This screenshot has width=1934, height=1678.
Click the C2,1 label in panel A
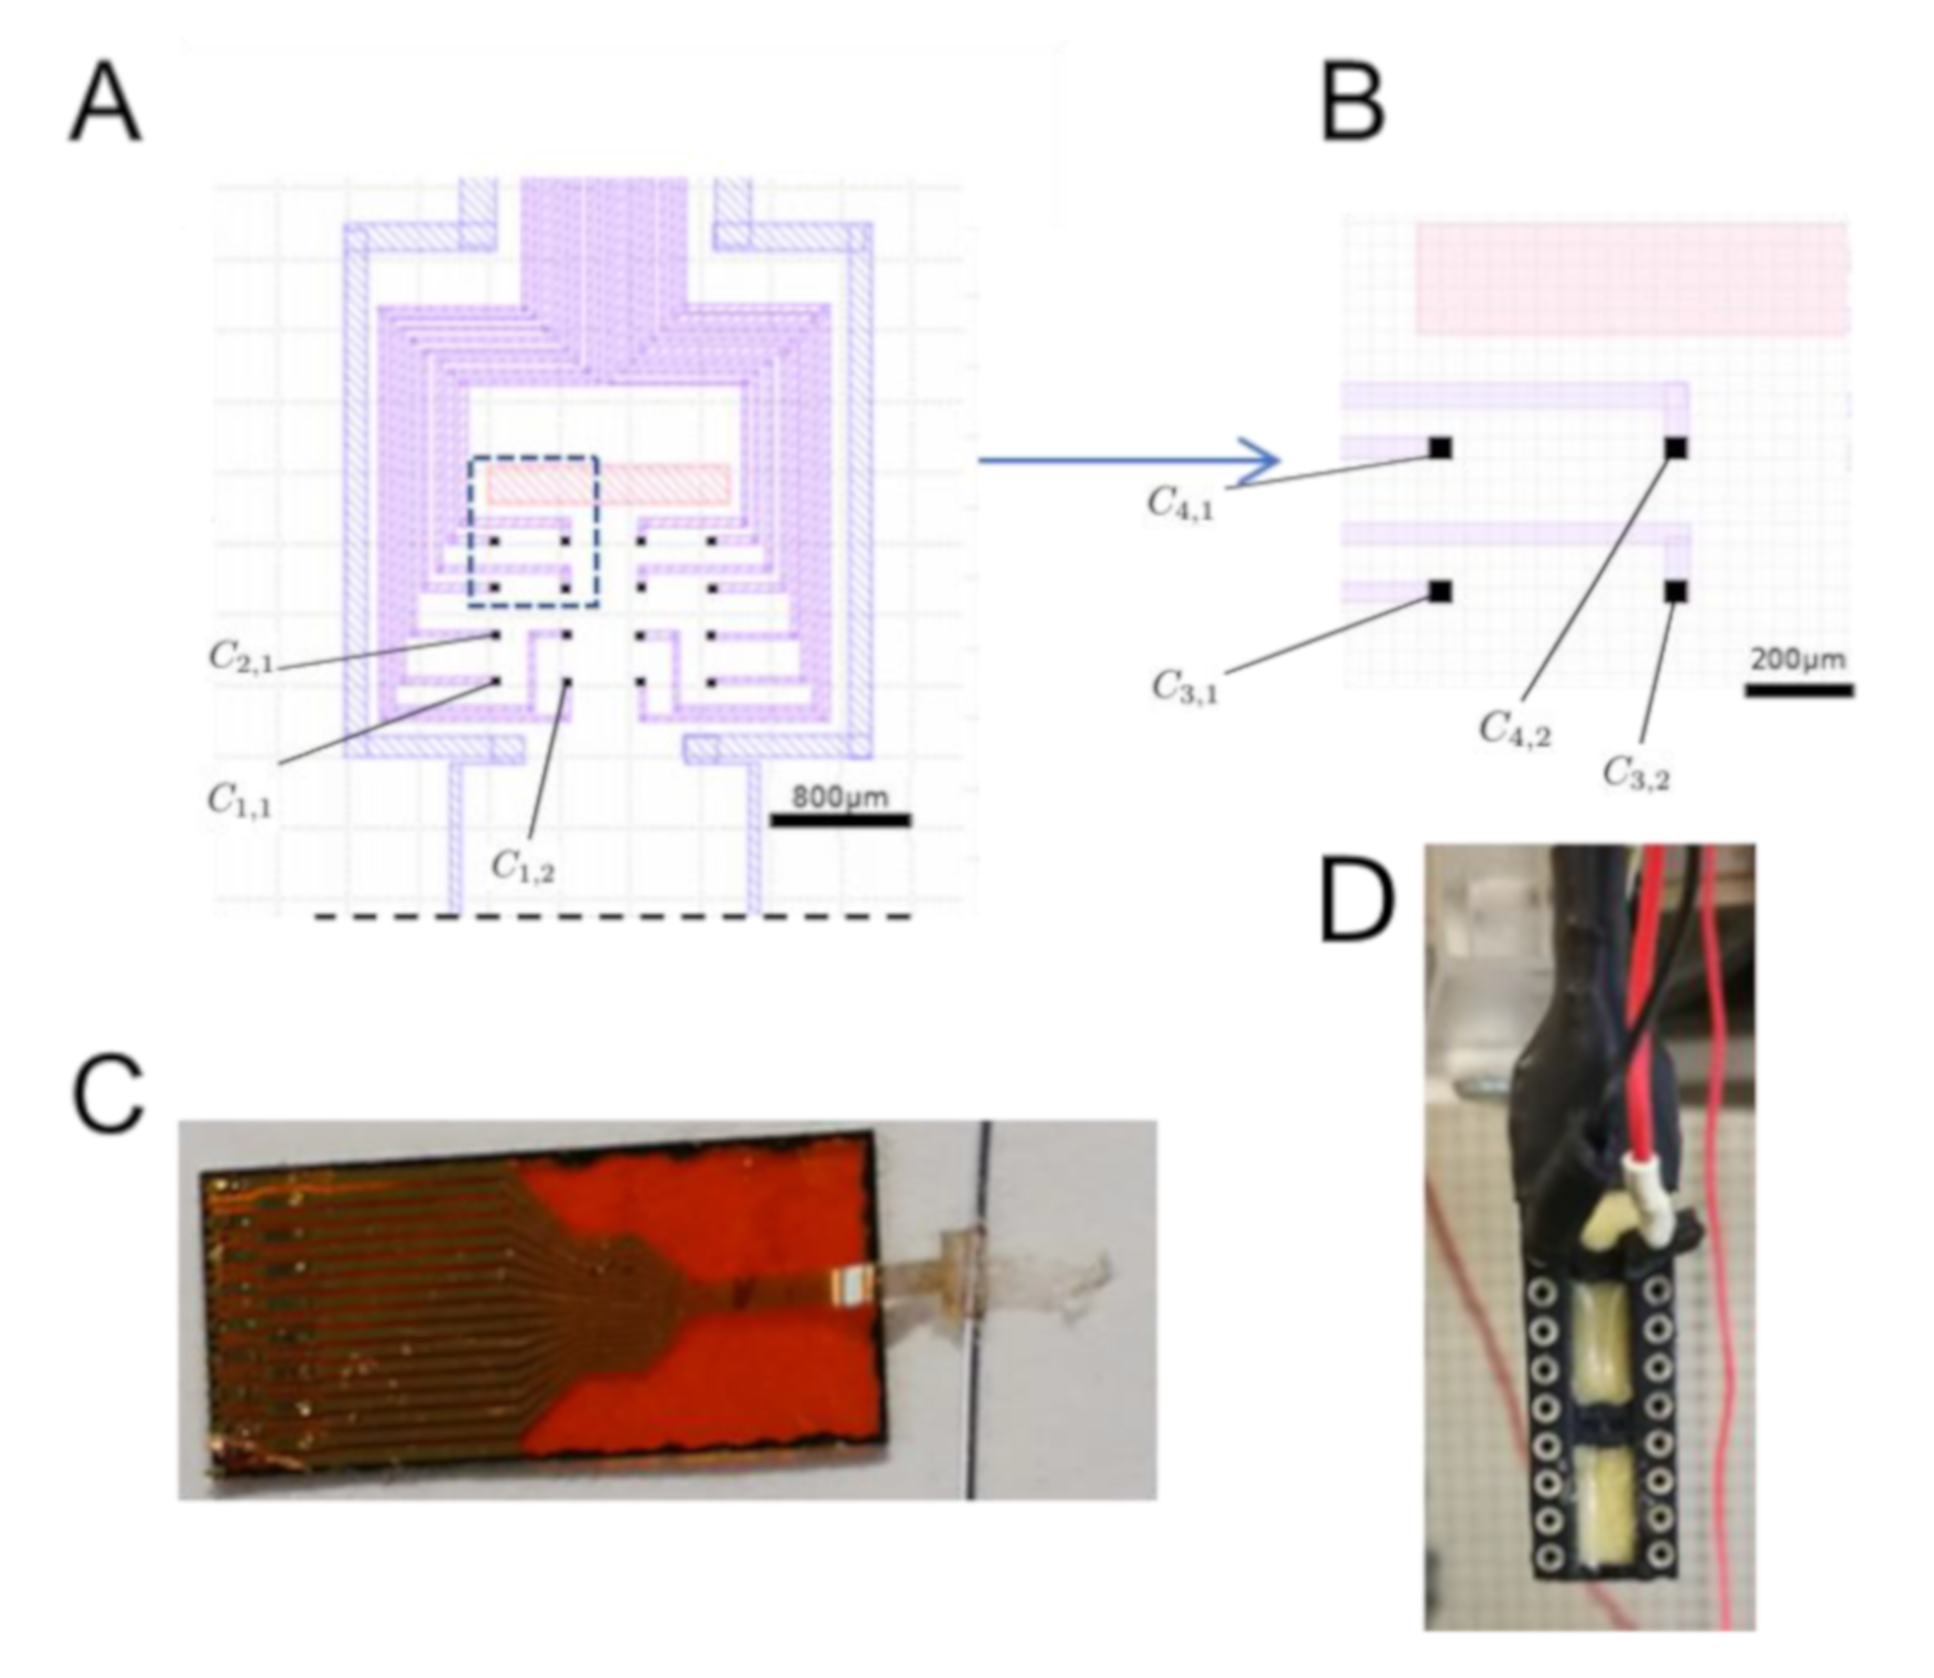240,657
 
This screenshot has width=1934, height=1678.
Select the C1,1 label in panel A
240,800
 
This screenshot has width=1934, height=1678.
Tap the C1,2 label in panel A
523,867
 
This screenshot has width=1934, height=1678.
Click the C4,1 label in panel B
1180,505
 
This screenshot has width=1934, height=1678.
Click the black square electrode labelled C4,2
1676,449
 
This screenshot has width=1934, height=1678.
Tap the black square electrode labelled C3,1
1440,592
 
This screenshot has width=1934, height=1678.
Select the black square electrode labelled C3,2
1676,592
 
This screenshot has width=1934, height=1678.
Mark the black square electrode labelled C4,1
1440,449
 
